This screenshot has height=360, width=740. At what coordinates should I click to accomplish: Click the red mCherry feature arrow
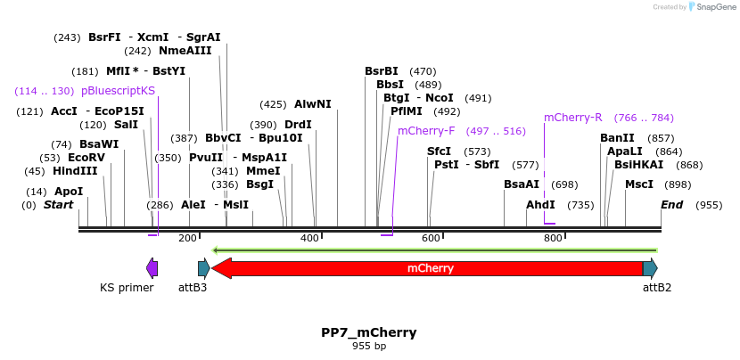[x=428, y=267]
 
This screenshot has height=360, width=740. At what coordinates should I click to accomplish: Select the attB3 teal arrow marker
[x=203, y=267]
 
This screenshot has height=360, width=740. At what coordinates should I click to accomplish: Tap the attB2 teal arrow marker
[x=650, y=267]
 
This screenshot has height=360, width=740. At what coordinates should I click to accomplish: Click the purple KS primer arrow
[x=152, y=267]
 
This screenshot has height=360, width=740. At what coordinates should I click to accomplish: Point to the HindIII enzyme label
[x=75, y=171]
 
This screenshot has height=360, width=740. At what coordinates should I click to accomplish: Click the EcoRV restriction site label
[x=86, y=158]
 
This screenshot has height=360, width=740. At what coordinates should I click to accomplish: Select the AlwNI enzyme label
[x=312, y=104]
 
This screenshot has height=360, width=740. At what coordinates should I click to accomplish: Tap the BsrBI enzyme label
[x=382, y=71]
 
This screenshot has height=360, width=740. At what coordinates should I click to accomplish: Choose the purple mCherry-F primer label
[x=426, y=131]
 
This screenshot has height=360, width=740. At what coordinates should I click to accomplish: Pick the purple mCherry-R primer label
[x=573, y=118]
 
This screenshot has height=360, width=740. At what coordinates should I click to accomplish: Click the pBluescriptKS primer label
[x=118, y=91]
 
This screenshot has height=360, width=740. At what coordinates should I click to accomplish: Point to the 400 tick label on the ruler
[x=309, y=239]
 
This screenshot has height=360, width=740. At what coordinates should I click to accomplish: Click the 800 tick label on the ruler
[x=553, y=239]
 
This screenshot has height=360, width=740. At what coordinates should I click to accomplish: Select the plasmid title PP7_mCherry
[x=369, y=332]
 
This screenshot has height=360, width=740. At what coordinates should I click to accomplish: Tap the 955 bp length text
[x=369, y=346]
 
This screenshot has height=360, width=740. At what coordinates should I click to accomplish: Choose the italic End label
[x=671, y=205]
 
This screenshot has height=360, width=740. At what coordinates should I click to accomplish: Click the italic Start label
[x=59, y=205]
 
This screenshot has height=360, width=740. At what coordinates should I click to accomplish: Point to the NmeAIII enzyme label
[x=185, y=51]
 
